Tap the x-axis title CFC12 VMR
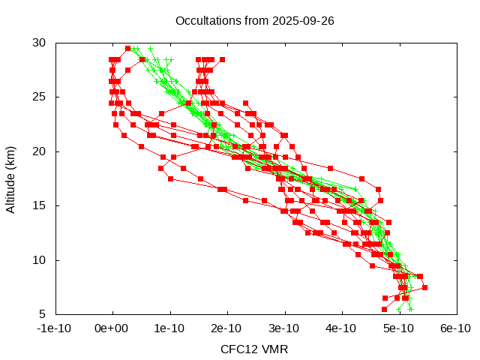coord(254,349)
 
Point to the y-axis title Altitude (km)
coord(11,178)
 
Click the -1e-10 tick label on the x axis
coord(55,328)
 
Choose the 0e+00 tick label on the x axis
coord(112,328)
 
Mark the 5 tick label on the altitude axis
coord(43,314)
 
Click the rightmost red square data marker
coord(424,287)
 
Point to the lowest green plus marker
coord(410,309)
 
